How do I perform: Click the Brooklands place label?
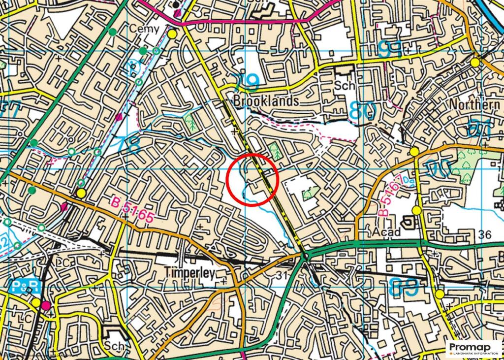coord(266,101)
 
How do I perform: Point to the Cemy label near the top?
coord(144,29)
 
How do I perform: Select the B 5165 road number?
coord(132,210)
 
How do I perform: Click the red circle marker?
coord(253,179)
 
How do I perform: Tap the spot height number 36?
coord(484,235)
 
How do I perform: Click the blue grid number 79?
coord(245,81)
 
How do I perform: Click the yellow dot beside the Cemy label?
coord(172,34)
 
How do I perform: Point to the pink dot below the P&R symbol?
coord(46,306)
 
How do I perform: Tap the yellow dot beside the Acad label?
coord(416,211)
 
